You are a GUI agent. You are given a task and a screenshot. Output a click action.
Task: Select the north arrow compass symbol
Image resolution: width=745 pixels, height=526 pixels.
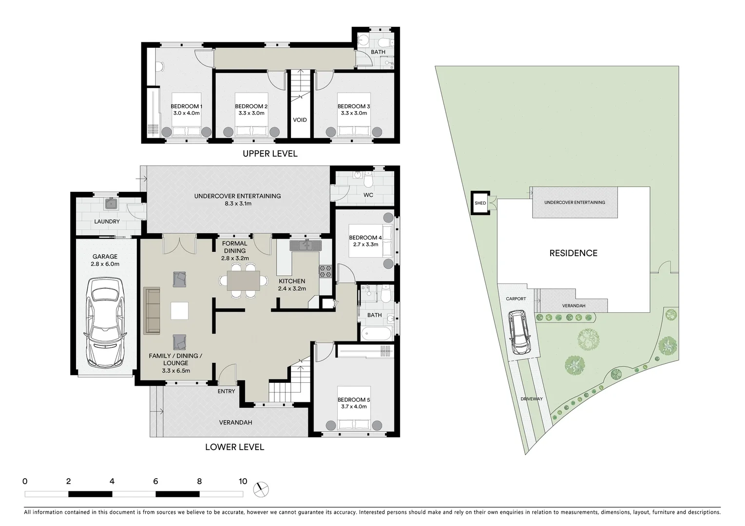pyautogui.click(x=262, y=488)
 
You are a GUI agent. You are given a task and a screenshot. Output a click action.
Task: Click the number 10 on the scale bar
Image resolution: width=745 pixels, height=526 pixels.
pyautogui.click(x=243, y=481)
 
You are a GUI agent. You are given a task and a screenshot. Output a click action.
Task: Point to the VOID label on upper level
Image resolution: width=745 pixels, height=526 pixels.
pyautogui.click(x=300, y=120)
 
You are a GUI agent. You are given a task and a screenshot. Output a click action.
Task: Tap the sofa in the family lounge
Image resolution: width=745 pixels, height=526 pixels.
pyautogui.click(x=152, y=311)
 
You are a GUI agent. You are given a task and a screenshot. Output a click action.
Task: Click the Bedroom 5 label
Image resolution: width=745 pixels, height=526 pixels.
pyautogui.click(x=354, y=400)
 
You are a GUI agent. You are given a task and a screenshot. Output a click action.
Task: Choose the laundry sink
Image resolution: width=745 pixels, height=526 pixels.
pyautogui.click(x=112, y=204)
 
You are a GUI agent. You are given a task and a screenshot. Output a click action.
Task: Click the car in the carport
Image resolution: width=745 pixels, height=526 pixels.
pyautogui.click(x=520, y=333)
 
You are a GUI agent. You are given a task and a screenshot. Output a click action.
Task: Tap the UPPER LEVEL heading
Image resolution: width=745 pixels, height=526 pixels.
pyautogui.click(x=270, y=153)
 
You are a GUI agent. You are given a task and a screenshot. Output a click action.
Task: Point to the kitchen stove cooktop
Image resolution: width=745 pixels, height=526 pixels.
pyautogui.click(x=325, y=271)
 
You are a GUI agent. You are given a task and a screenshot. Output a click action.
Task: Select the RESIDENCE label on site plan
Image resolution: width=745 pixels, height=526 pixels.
pyautogui.click(x=573, y=253)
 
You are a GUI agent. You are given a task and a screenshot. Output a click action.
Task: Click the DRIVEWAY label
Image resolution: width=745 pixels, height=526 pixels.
pyautogui.click(x=531, y=399)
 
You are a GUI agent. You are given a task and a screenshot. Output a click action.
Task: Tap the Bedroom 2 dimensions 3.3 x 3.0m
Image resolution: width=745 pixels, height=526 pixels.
pyautogui.click(x=251, y=113)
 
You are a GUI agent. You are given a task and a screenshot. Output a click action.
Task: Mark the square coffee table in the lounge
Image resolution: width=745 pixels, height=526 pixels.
pyautogui.click(x=179, y=311)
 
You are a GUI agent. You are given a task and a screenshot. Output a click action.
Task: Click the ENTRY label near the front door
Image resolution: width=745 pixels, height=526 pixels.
pyautogui.click(x=226, y=391)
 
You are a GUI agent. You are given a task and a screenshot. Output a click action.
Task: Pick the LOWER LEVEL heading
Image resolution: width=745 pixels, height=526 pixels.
pyautogui.click(x=234, y=447)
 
